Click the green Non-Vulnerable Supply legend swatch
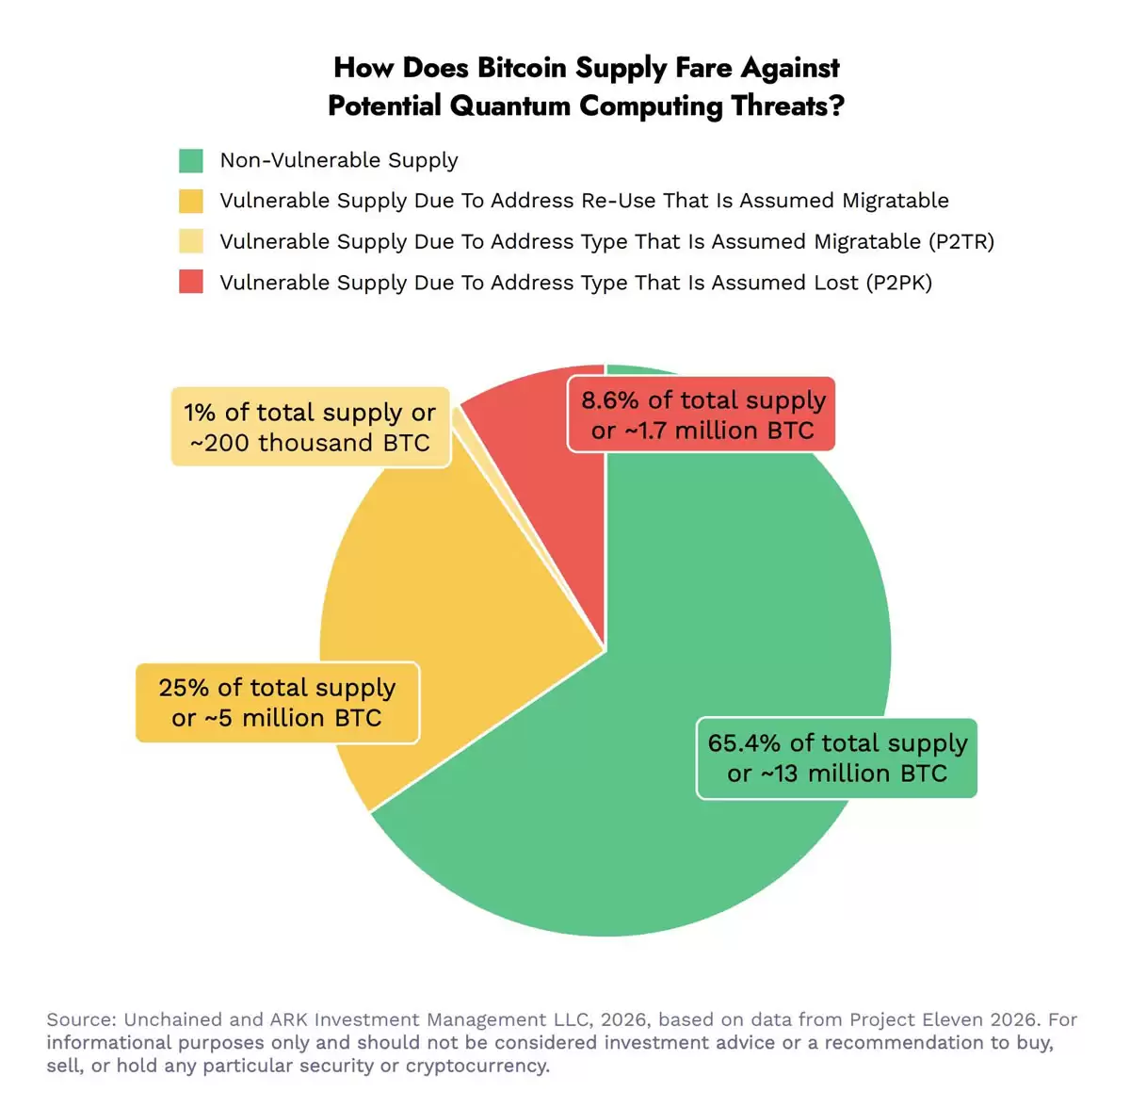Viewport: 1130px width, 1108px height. click(191, 160)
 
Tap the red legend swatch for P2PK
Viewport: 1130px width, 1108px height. click(191, 282)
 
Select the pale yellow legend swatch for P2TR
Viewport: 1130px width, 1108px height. click(191, 241)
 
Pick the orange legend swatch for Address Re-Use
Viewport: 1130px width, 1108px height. click(191, 201)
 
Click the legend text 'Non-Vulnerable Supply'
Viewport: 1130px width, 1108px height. click(339, 160)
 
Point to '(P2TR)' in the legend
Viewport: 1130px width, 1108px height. click(960, 241)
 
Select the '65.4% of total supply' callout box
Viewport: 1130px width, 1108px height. click(836, 758)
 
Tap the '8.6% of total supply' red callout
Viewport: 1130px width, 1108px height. click(702, 415)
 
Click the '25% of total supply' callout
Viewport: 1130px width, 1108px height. click(277, 703)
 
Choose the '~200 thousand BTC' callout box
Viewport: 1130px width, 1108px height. click(310, 427)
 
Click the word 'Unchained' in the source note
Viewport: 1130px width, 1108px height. click(173, 1019)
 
